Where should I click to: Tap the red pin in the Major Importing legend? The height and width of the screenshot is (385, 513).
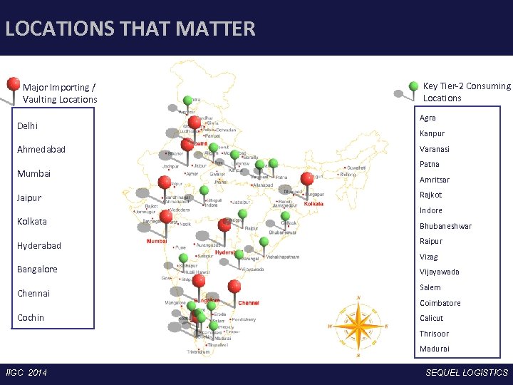click(x=13, y=84)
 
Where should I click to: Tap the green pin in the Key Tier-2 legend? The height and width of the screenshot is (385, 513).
click(x=413, y=86)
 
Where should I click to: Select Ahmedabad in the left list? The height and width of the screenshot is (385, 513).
click(x=41, y=150)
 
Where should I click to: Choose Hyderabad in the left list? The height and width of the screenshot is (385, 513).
click(x=39, y=245)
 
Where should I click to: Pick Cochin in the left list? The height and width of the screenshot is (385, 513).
click(x=31, y=317)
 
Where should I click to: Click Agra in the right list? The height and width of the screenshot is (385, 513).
click(x=427, y=118)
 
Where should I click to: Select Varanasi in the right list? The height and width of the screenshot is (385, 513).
click(x=434, y=149)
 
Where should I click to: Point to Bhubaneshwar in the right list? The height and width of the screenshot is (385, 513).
click(x=445, y=226)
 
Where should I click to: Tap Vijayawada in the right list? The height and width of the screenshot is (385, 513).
click(x=439, y=272)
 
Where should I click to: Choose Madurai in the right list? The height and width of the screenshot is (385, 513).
click(x=434, y=349)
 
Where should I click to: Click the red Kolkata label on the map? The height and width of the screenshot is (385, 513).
click(x=313, y=204)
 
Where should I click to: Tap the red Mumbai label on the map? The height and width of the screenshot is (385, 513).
click(x=157, y=242)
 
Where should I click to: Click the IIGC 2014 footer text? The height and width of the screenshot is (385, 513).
click(x=26, y=373)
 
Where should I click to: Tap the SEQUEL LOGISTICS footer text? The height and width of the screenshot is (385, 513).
click(x=467, y=373)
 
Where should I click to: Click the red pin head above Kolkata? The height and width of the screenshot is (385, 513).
click(x=307, y=178)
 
